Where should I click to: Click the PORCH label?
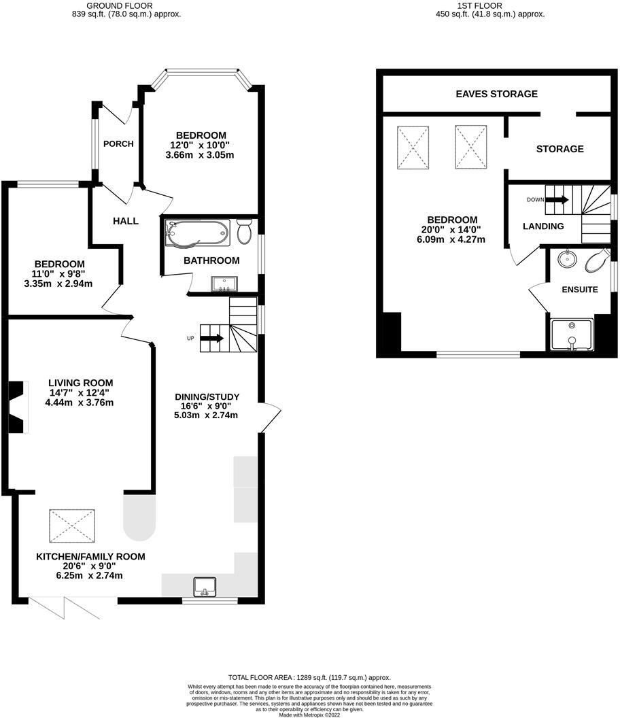pyautogui.click(x=118, y=144)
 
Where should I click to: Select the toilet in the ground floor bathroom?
pyautogui.click(x=245, y=232)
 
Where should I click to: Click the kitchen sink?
pyautogui.click(x=204, y=585)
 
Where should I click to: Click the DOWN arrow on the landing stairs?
pyautogui.click(x=557, y=200)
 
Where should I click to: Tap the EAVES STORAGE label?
pyautogui.click(x=496, y=94)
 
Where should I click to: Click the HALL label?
pyautogui.click(x=126, y=221)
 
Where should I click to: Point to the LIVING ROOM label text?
pyautogui.click(x=80, y=383)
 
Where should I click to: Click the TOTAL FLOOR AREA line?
pyautogui.click(x=309, y=678)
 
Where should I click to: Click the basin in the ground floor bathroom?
pyautogui.click(x=222, y=284)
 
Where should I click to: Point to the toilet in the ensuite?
pyautogui.click(x=596, y=259)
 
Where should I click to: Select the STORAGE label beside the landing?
pyautogui.click(x=559, y=149)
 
